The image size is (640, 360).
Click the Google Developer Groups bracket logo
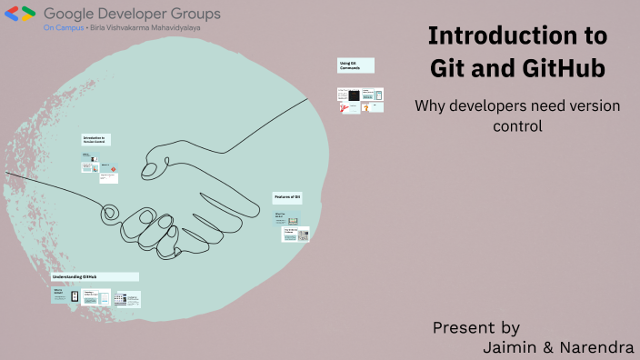[22, 15]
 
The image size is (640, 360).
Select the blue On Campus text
[62, 28]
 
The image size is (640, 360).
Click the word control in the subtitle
[517, 126]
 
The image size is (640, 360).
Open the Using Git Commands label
[355, 65]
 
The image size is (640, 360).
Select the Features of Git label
[286, 197]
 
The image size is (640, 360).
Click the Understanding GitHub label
[95, 276]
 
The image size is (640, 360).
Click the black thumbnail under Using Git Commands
[355, 95]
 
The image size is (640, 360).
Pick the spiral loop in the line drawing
[109, 211]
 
